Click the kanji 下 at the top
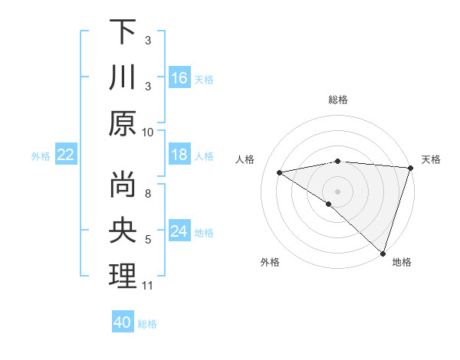click(123, 32)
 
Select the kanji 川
click(123, 78)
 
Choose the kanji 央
click(123, 231)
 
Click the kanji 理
click(123, 277)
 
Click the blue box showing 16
click(179, 77)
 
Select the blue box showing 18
click(179, 155)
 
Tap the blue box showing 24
click(179, 232)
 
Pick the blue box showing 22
click(65, 155)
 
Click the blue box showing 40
click(123, 322)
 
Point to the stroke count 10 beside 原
click(148, 132)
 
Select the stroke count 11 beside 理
click(148, 286)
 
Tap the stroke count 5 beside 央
click(148, 240)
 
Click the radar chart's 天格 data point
click(410, 168)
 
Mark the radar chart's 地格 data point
click(382, 252)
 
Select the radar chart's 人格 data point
click(280, 172)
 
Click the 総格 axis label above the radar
click(337, 100)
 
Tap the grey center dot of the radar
click(337, 191)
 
